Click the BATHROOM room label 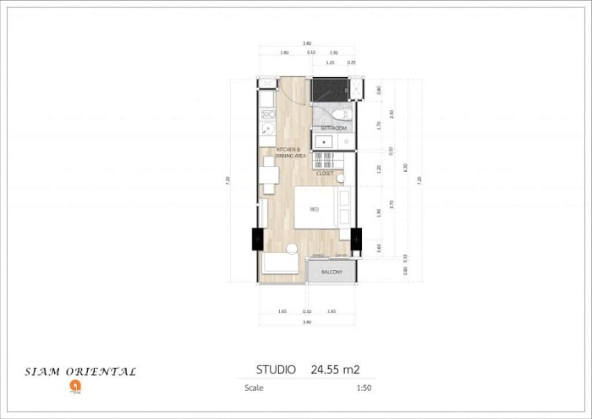tap(328, 128)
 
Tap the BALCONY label tap(331, 272)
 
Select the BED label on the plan tap(315, 208)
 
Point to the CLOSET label tap(325, 173)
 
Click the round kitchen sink tap(266, 130)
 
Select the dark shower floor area tap(329, 90)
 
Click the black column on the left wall tap(257, 239)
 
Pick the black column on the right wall tap(356, 238)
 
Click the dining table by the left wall tap(270, 174)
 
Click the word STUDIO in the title tap(276, 369)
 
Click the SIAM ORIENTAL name tap(80, 372)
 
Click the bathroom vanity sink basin tap(323, 141)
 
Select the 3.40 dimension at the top tap(306, 42)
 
